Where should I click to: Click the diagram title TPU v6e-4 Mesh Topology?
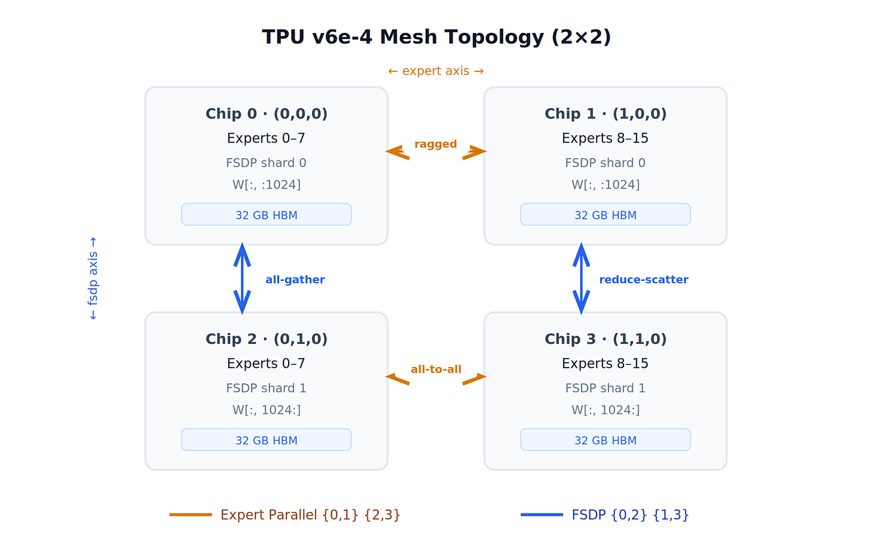point(436,37)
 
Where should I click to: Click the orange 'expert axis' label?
point(436,71)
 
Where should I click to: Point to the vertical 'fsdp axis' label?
point(93,278)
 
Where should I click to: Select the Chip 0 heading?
point(267,114)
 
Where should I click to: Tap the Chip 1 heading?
point(605,114)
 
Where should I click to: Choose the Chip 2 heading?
point(267,339)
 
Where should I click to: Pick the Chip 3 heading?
point(605,339)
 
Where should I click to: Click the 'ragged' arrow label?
point(435,144)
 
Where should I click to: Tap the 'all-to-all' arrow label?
point(436,370)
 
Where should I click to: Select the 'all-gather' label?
point(295,280)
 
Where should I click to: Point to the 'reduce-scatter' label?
point(644,280)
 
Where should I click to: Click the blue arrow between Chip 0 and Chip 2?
point(242,278)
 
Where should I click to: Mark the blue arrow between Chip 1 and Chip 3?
point(581,278)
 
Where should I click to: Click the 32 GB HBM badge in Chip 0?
point(267,215)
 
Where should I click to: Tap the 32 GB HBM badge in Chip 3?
point(605,440)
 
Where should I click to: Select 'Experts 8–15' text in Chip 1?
point(605,138)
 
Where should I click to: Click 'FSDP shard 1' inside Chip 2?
point(267,388)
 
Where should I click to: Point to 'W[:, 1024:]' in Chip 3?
point(605,410)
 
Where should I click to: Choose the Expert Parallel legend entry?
point(310,515)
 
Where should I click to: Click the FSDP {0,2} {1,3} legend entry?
point(630,515)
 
